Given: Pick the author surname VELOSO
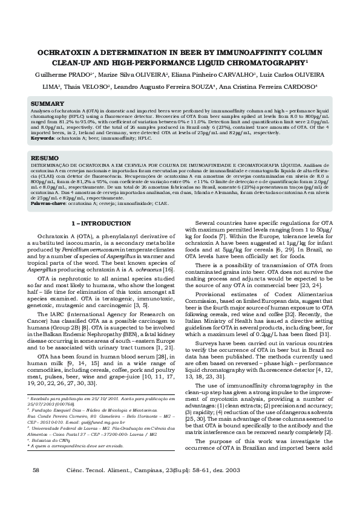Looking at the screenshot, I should coord(116,86).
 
